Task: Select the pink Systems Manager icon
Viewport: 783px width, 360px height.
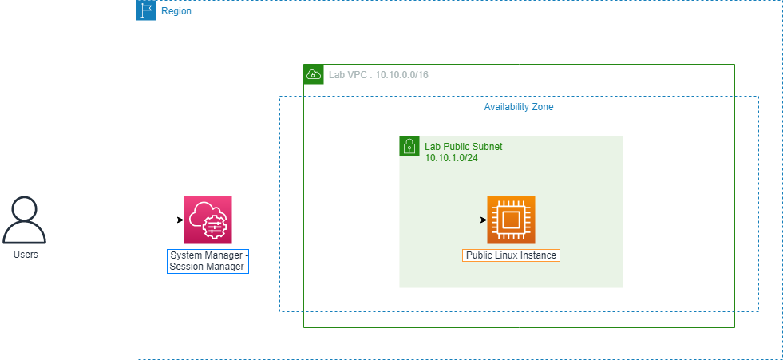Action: point(208,220)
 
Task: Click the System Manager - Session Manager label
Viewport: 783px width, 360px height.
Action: point(208,261)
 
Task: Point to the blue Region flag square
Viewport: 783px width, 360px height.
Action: point(146,10)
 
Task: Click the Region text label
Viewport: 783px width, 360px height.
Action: point(176,11)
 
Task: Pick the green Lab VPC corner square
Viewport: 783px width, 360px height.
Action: point(314,74)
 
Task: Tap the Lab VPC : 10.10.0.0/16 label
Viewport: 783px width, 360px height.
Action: point(378,75)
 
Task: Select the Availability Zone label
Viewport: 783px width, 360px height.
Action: point(519,107)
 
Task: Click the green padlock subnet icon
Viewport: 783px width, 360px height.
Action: point(409,146)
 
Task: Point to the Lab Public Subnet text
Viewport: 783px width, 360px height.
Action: point(464,148)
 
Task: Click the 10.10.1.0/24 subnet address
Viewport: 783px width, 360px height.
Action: point(452,158)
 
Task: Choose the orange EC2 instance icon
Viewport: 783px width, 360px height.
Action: point(511,220)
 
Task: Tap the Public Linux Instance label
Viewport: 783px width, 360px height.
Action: point(511,255)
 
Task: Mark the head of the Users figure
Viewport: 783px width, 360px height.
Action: point(25,209)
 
